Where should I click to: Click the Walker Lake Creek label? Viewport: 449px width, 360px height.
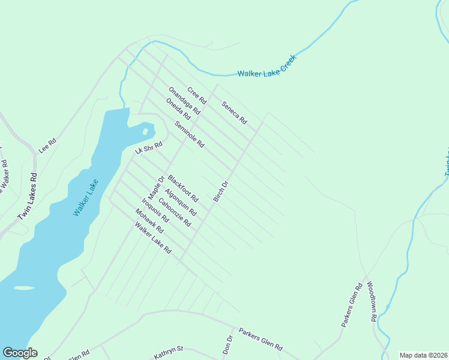267,73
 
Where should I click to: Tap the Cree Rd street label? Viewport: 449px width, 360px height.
196,95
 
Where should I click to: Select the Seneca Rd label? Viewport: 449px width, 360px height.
234,112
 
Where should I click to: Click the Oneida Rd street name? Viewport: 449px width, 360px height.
178,109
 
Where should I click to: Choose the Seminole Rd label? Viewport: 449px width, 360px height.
190,135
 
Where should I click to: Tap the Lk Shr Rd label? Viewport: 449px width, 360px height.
149,147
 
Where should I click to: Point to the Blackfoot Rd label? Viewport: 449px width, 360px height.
183,187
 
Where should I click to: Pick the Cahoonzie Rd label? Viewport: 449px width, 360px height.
174,212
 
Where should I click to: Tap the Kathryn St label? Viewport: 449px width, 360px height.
168,352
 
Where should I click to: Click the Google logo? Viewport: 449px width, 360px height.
20,353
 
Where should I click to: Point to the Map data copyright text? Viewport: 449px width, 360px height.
423,355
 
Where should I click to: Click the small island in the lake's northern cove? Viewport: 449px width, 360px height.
145,131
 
